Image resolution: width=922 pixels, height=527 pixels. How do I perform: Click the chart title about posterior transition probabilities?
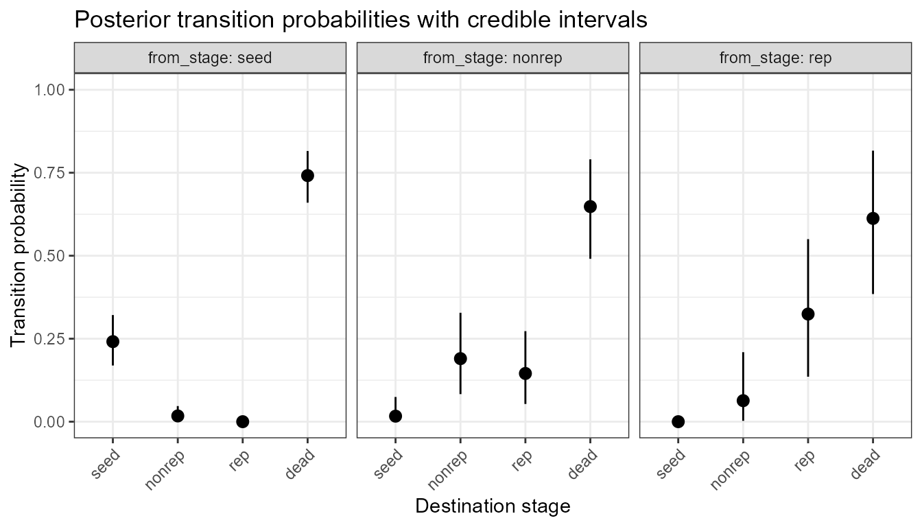[360, 20]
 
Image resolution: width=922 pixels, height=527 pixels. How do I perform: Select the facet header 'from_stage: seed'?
[210, 58]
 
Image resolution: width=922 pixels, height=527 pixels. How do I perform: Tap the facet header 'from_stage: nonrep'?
[493, 58]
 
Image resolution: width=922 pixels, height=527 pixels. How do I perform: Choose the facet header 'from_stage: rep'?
[775, 58]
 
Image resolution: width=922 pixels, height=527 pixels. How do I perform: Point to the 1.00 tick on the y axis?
[50, 90]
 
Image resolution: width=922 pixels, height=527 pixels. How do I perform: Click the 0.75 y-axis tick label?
[50, 173]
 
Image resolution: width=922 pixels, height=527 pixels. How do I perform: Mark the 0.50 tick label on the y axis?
[50, 256]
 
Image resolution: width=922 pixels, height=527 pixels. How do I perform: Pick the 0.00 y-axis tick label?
[50, 421]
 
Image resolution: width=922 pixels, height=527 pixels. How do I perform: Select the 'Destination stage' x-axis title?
[493, 506]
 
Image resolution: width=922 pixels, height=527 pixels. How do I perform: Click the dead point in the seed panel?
[307, 175]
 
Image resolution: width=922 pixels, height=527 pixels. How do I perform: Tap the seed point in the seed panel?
[113, 341]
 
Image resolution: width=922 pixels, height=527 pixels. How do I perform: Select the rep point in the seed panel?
[242, 421]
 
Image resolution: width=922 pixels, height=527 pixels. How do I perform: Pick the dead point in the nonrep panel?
[590, 207]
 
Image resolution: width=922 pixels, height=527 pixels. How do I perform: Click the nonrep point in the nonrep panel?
[460, 358]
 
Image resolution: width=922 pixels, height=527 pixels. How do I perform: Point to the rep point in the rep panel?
[808, 314]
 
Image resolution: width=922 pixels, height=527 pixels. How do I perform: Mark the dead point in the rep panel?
[873, 218]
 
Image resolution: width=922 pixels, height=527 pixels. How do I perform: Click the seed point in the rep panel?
[678, 421]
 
